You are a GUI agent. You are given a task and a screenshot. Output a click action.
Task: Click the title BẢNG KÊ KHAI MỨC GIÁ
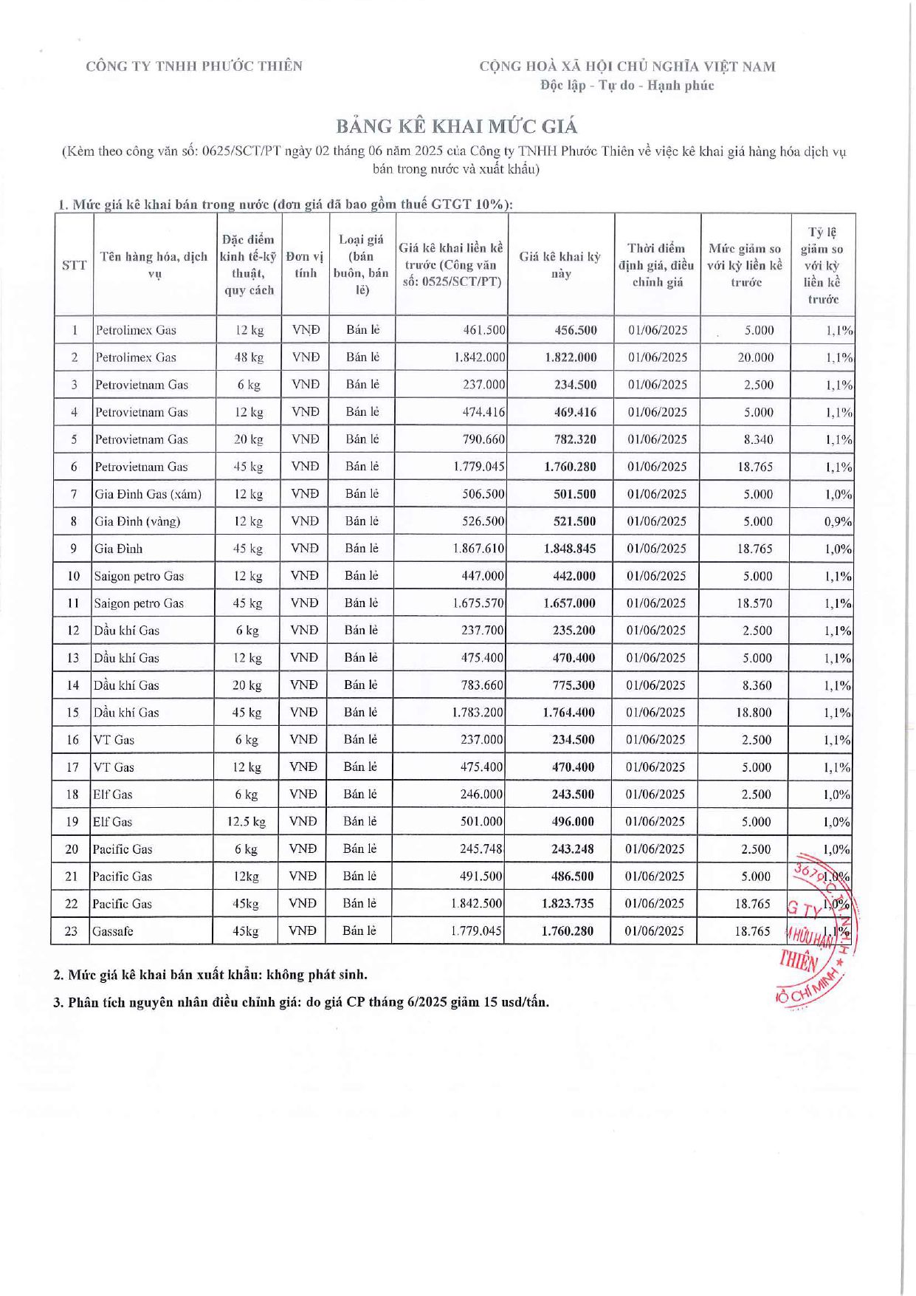[x=458, y=126]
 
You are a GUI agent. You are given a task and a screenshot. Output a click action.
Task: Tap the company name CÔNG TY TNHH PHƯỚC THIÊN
[x=194, y=66]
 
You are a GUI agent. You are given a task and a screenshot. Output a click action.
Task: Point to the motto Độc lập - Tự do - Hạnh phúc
[x=627, y=86]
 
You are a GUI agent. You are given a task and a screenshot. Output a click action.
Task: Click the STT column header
[x=74, y=265]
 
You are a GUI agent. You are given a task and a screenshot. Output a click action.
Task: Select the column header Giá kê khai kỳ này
[x=560, y=265]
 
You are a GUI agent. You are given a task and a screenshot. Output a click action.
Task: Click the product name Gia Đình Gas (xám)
[x=148, y=494]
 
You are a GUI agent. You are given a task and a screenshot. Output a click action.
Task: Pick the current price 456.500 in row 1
[x=575, y=330]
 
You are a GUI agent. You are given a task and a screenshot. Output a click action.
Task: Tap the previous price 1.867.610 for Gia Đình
[x=478, y=549]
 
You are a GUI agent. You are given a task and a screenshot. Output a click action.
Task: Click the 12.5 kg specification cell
[x=247, y=822]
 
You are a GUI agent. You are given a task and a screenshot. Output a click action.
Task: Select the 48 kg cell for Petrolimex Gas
[x=249, y=357]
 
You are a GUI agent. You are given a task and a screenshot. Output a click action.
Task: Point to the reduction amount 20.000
[x=755, y=357]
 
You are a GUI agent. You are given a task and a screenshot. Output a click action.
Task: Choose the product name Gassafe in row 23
[x=113, y=931]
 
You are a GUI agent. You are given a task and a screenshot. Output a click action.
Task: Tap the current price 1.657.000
[x=569, y=603]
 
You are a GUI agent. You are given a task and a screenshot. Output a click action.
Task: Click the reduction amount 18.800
[x=754, y=713]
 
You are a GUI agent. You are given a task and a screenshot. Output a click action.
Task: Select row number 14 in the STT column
[x=73, y=685]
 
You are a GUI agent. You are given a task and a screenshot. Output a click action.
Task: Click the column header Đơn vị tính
[x=305, y=265]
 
